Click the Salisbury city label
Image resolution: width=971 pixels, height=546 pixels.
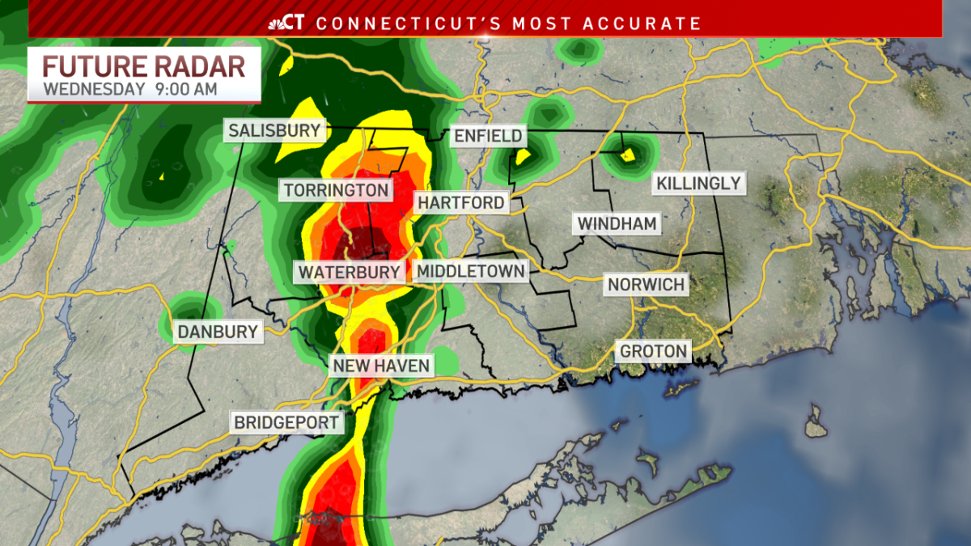[x=274, y=130]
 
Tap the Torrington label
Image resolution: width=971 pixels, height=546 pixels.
[x=337, y=191]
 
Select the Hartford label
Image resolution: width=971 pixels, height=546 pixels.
[x=461, y=202]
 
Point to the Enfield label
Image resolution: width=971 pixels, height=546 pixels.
[x=488, y=136]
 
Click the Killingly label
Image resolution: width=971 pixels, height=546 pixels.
[x=698, y=183]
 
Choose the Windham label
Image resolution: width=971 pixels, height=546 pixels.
[x=617, y=223]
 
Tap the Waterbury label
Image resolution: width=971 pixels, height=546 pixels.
[x=350, y=272]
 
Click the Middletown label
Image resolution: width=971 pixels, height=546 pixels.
[x=471, y=271]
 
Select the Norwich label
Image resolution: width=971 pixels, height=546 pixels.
[x=647, y=285]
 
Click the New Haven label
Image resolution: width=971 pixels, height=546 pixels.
[x=382, y=366]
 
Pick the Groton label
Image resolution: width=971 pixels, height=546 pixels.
[x=654, y=351]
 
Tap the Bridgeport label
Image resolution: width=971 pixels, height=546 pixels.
[x=286, y=422]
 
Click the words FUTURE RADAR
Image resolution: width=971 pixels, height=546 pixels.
[x=144, y=66]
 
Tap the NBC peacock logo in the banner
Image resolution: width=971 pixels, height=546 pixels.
[x=277, y=23]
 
